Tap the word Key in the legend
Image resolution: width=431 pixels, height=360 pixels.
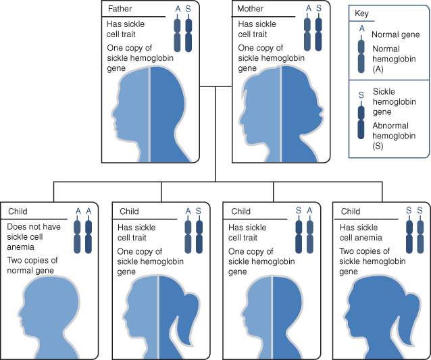[x=361, y=14]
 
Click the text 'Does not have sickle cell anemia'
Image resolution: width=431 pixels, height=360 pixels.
[x=33, y=236]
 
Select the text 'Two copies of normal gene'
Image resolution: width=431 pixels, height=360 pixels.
[x=34, y=265]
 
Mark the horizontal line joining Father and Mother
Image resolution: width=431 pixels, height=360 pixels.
[x=215, y=86]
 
